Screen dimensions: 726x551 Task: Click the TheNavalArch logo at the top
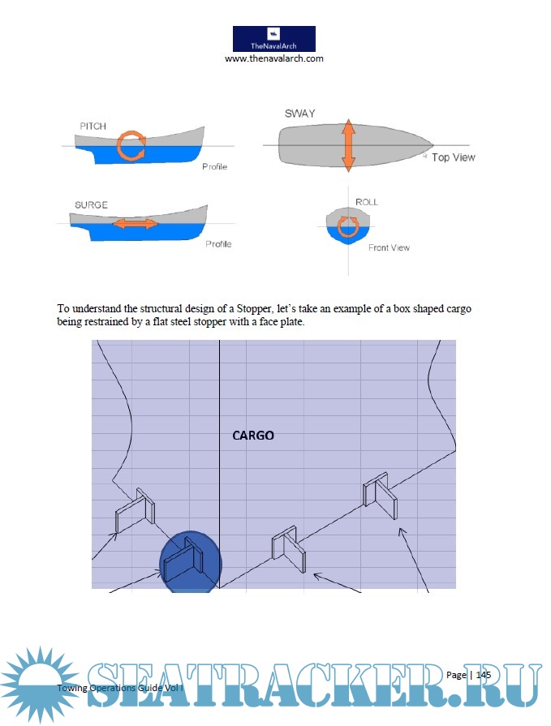pos(273,38)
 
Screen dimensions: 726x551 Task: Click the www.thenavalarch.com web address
pos(274,59)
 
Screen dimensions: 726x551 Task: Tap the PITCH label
pos(93,126)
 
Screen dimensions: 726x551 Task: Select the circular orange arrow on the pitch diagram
pos(130,146)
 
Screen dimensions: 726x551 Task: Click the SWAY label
pos(299,114)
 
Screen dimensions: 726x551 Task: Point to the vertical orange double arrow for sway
pos(348,145)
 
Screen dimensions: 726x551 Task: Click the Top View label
pos(453,157)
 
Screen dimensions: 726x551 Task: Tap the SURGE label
pos(91,205)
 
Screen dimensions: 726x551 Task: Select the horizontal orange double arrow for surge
pos(136,224)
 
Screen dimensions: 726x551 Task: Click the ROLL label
pos(367,202)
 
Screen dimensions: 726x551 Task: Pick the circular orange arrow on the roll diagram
pos(348,225)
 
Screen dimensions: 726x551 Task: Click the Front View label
pos(389,248)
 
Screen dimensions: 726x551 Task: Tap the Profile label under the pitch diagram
pos(214,167)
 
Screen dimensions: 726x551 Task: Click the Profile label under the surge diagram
pos(218,244)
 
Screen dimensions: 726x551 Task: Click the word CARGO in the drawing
pos(253,436)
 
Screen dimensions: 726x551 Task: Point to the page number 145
pos(484,675)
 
